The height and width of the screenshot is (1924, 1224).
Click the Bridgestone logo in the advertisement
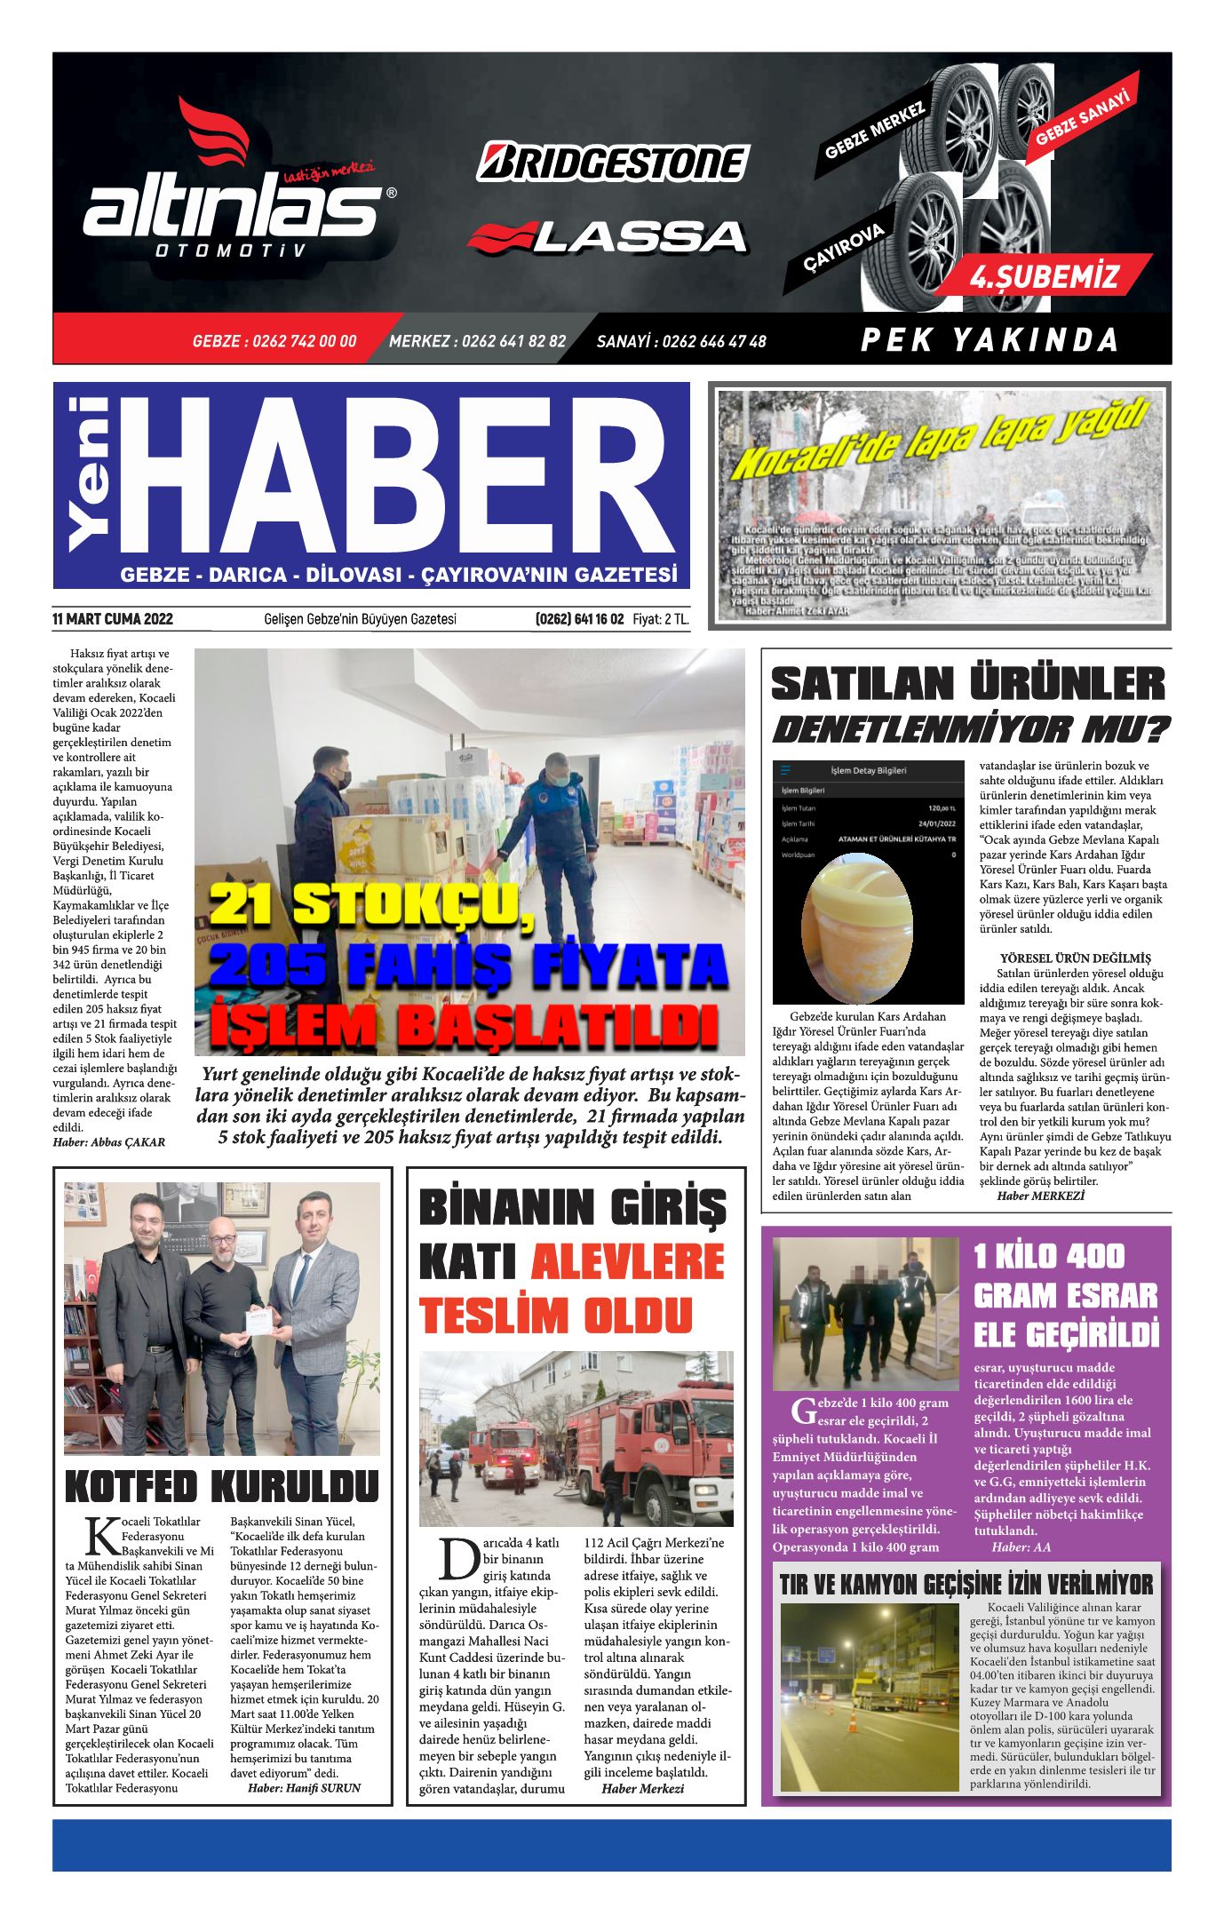tap(613, 163)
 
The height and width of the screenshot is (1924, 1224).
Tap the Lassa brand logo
tap(608, 236)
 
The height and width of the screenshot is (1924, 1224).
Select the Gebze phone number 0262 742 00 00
tap(274, 341)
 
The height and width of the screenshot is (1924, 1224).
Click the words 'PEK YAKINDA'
tap(989, 340)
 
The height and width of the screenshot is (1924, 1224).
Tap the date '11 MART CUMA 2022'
tap(113, 619)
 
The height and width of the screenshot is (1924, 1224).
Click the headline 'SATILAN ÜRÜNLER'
tap(967, 684)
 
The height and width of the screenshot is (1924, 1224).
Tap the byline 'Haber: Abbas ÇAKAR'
tap(109, 1142)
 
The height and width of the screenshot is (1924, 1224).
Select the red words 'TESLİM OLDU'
tap(555, 1316)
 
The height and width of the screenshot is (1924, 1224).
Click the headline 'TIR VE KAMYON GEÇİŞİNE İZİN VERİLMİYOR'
tap(966, 1584)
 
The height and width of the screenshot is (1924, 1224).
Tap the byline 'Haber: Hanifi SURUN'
tap(304, 1787)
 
